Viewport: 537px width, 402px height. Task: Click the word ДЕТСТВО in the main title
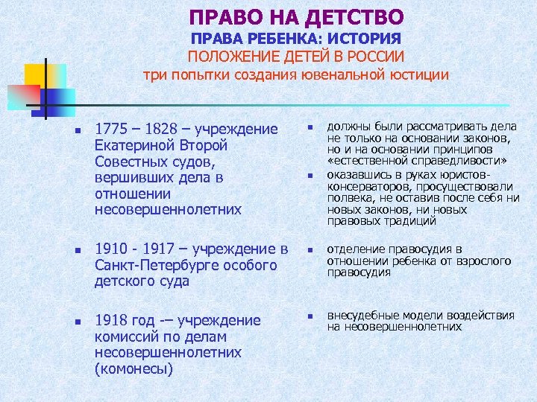tap(355, 16)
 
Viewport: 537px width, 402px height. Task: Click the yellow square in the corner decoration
tap(36, 75)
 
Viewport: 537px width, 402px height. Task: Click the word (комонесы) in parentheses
tap(134, 369)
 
